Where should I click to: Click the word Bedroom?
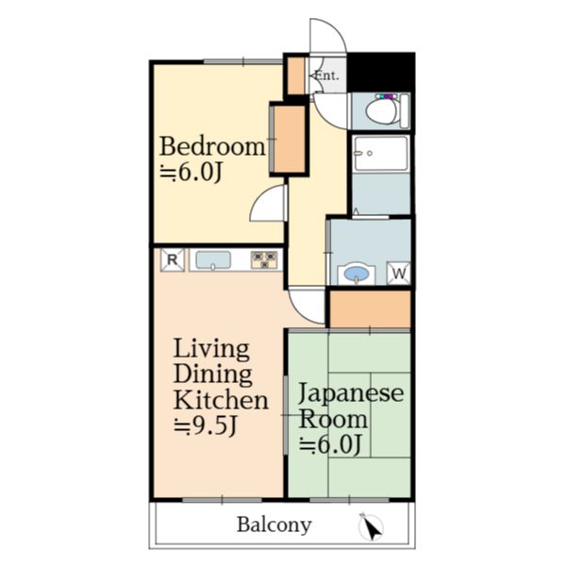click(x=212, y=146)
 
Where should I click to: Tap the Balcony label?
click(x=274, y=524)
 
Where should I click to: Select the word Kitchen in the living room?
click(x=221, y=400)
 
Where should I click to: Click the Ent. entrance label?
click(x=327, y=75)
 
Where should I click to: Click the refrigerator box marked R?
click(x=173, y=259)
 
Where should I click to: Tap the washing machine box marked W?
click(x=398, y=274)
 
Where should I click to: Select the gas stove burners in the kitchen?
click(x=264, y=260)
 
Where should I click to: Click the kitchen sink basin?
click(x=213, y=260)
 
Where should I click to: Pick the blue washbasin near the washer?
click(x=357, y=274)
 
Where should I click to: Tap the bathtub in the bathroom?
click(x=381, y=153)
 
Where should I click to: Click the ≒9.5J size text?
click(x=206, y=426)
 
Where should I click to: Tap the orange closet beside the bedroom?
click(x=290, y=140)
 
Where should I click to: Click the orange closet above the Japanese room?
click(x=371, y=309)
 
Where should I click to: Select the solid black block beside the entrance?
click(x=381, y=73)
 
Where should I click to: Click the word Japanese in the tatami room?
click(x=351, y=394)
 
